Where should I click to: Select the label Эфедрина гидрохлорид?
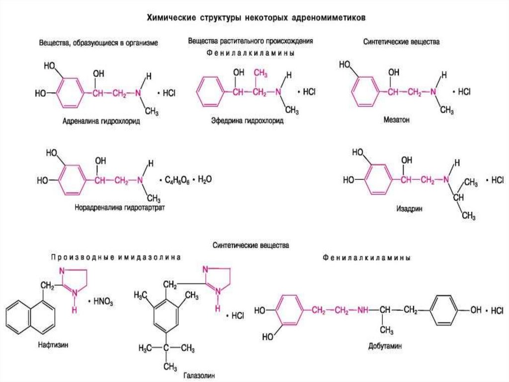[x=250, y=121]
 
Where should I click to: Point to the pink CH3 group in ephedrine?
[x=259, y=74]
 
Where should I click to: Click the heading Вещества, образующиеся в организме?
[x=98, y=43]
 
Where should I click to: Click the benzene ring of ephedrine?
[x=209, y=91]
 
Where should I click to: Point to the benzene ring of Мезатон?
[x=365, y=91]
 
